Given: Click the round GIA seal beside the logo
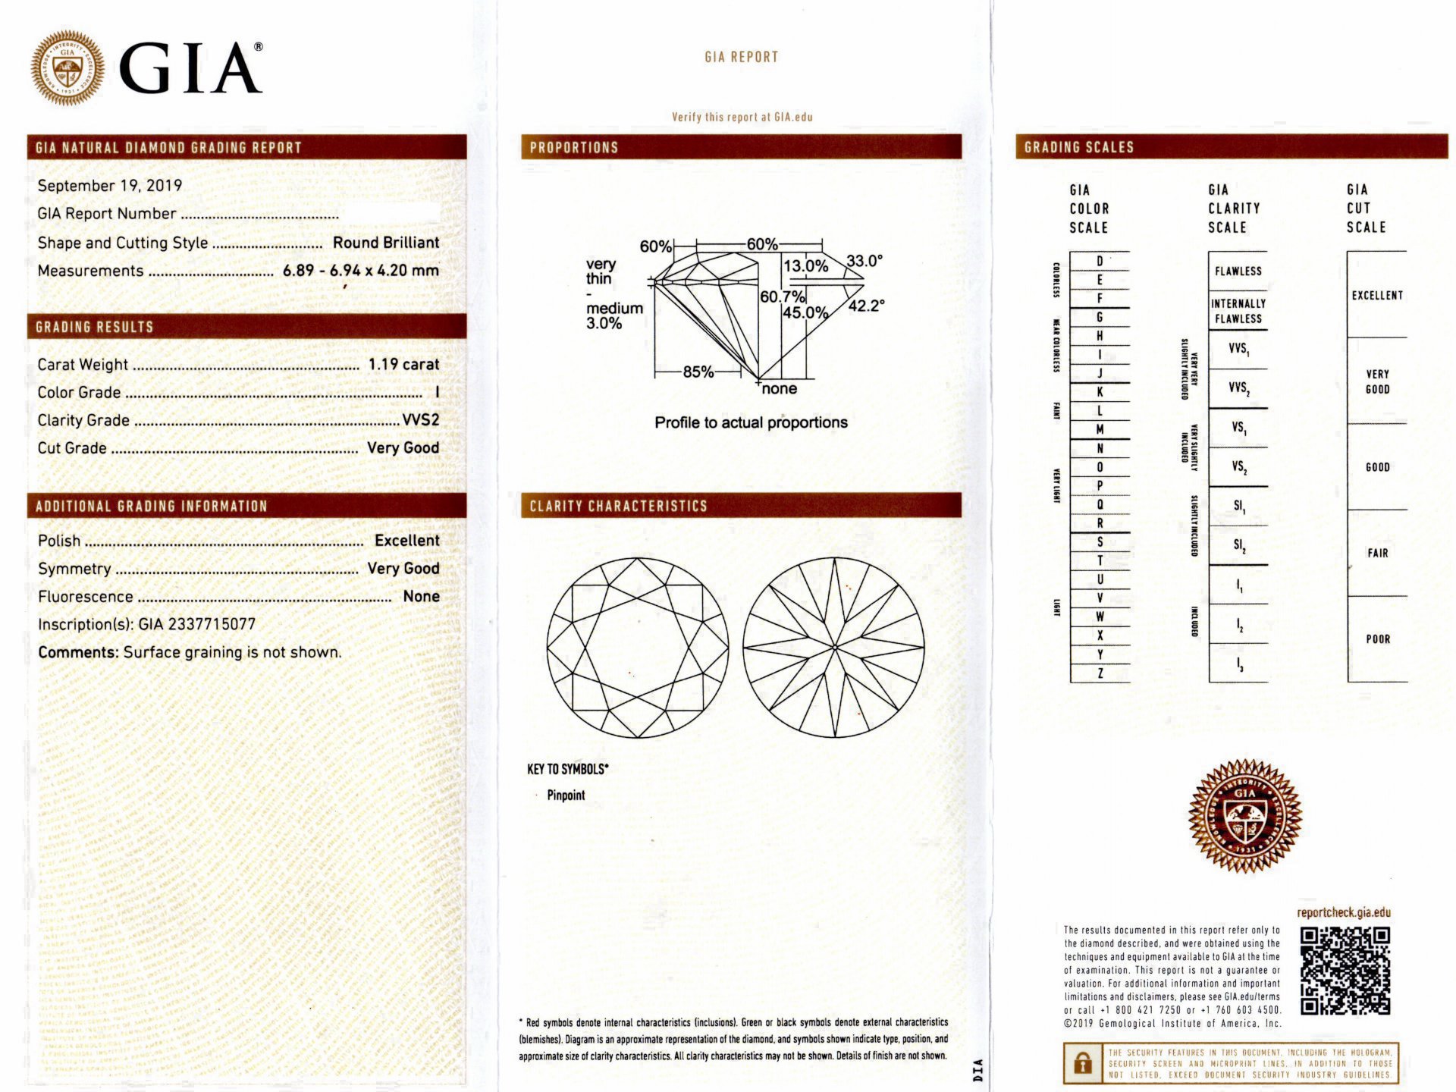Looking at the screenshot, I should (67, 67).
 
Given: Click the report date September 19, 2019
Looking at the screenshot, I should (109, 186).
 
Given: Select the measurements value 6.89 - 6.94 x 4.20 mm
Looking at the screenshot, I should (360, 271).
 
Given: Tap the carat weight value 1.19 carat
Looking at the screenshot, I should (403, 365).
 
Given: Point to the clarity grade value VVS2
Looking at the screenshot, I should (420, 420).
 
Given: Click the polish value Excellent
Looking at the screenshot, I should (406, 541).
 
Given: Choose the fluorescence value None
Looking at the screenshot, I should (421, 597).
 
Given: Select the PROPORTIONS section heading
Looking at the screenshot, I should (573, 148).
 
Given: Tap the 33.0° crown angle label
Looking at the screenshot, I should (864, 261).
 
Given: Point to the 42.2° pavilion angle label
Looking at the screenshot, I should (866, 306).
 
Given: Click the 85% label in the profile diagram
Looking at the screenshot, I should (698, 372).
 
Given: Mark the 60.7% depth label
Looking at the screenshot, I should (782, 297).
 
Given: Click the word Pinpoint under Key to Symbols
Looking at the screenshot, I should (566, 795).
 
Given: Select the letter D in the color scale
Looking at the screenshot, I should (1100, 262).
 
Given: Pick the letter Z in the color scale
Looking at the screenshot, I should (1100, 673).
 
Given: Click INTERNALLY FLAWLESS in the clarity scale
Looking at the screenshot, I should (1238, 311).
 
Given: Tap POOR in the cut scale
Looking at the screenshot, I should (1378, 639).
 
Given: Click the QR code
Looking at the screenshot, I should (1345, 971).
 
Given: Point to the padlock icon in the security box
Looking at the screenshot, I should (1083, 1063).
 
